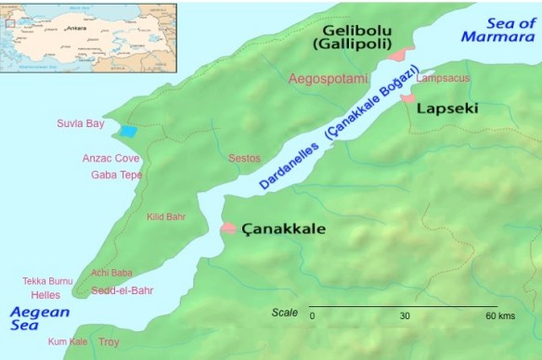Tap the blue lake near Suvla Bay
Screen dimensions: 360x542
click(127, 132)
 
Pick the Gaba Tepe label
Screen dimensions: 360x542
click(116, 174)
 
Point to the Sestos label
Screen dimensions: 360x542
click(244, 159)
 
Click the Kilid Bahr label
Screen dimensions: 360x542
click(166, 217)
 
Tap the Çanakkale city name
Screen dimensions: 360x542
click(283, 228)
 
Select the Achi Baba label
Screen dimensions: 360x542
click(111, 273)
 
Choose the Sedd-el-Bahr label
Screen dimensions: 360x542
click(122, 290)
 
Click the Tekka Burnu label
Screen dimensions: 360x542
click(47, 281)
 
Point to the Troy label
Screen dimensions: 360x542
click(110, 341)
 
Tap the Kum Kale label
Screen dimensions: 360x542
click(68, 341)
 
